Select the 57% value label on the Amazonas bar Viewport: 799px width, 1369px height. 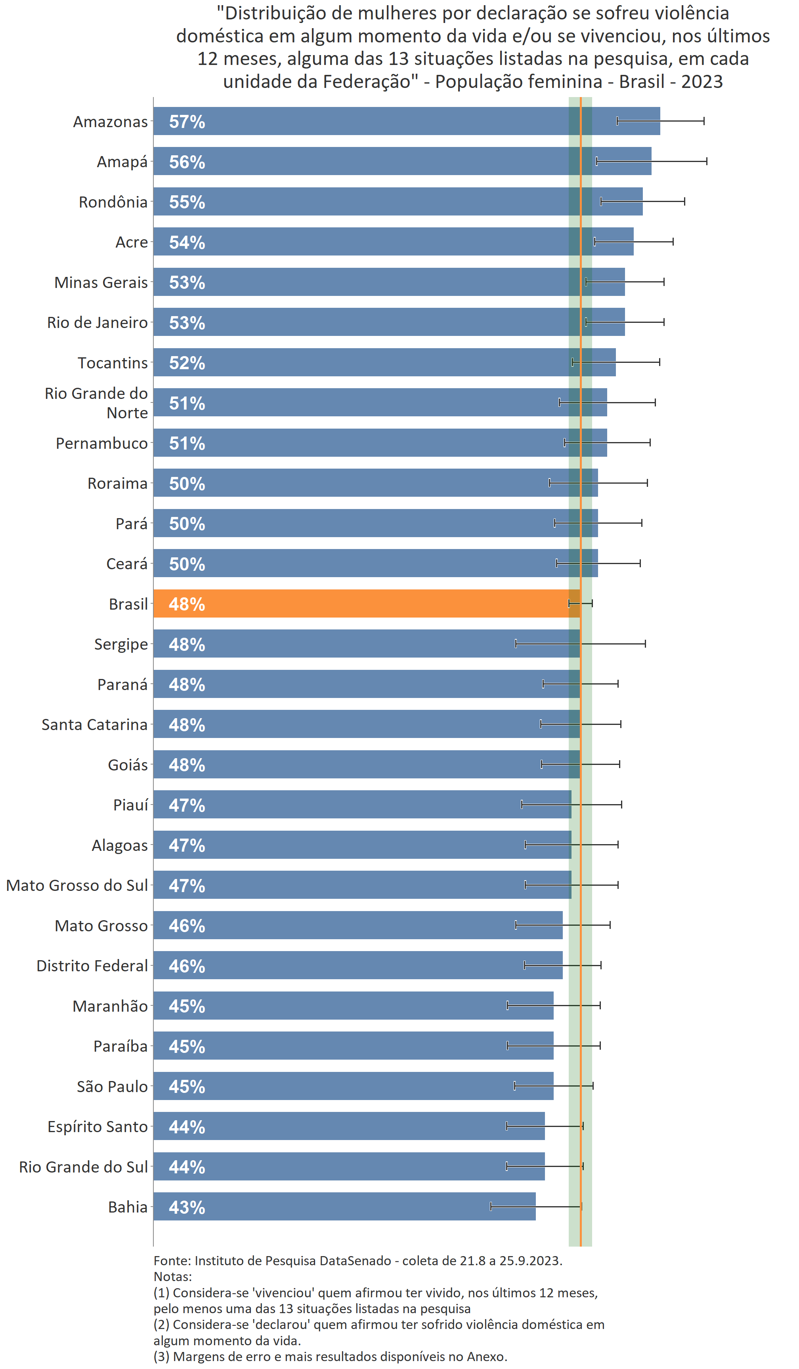pos(187,122)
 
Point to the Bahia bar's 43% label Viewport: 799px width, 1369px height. pos(187,1207)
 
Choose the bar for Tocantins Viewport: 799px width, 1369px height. pos(380,362)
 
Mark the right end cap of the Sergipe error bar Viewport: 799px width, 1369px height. pos(645,644)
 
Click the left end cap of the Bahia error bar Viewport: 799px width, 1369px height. pos(491,1207)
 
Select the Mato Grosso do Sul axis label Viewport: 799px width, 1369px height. pos(76,885)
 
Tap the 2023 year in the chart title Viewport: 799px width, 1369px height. pos(702,82)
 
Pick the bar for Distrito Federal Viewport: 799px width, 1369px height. pos(353,965)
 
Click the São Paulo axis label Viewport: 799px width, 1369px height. pos(112,1087)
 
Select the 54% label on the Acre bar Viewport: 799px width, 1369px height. pos(187,242)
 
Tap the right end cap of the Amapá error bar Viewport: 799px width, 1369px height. pos(707,161)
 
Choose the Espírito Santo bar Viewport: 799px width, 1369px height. pos(348,1126)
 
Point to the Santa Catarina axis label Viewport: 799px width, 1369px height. pos(95,725)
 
